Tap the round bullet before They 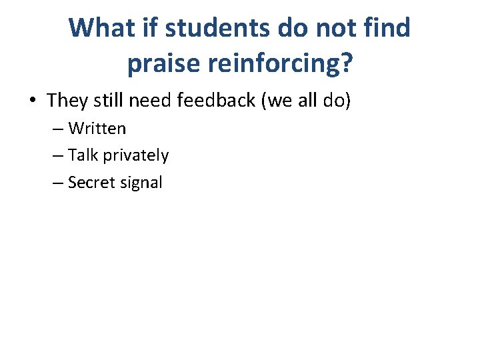[33, 101]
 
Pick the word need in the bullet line [147, 101]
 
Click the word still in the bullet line [108, 101]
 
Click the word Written [97, 128]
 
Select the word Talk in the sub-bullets [83, 155]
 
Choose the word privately [136, 156]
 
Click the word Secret [91, 183]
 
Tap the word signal [140, 183]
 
